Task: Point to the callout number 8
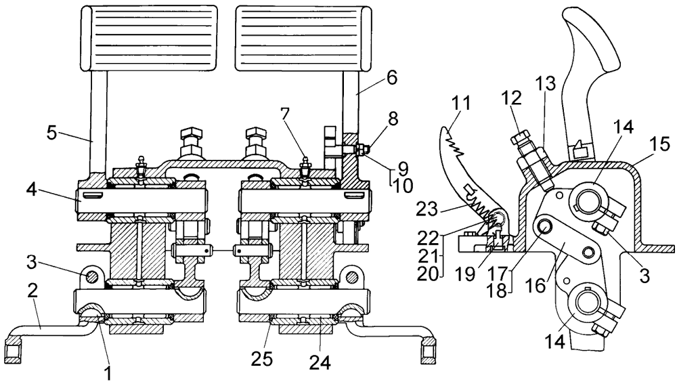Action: (x=391, y=136)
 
